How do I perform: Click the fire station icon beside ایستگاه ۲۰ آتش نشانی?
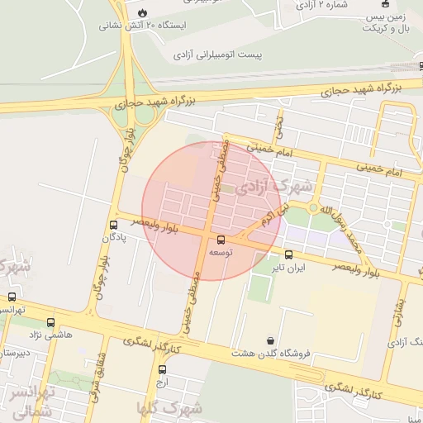[145, 12]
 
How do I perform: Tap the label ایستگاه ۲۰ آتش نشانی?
[143, 26]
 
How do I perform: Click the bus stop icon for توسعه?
[220, 240]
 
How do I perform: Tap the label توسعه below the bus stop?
[221, 251]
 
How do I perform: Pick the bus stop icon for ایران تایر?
[288, 254]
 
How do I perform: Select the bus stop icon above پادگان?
[113, 225]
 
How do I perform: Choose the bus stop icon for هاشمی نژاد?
[51, 323]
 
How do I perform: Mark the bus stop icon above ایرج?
[161, 369]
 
